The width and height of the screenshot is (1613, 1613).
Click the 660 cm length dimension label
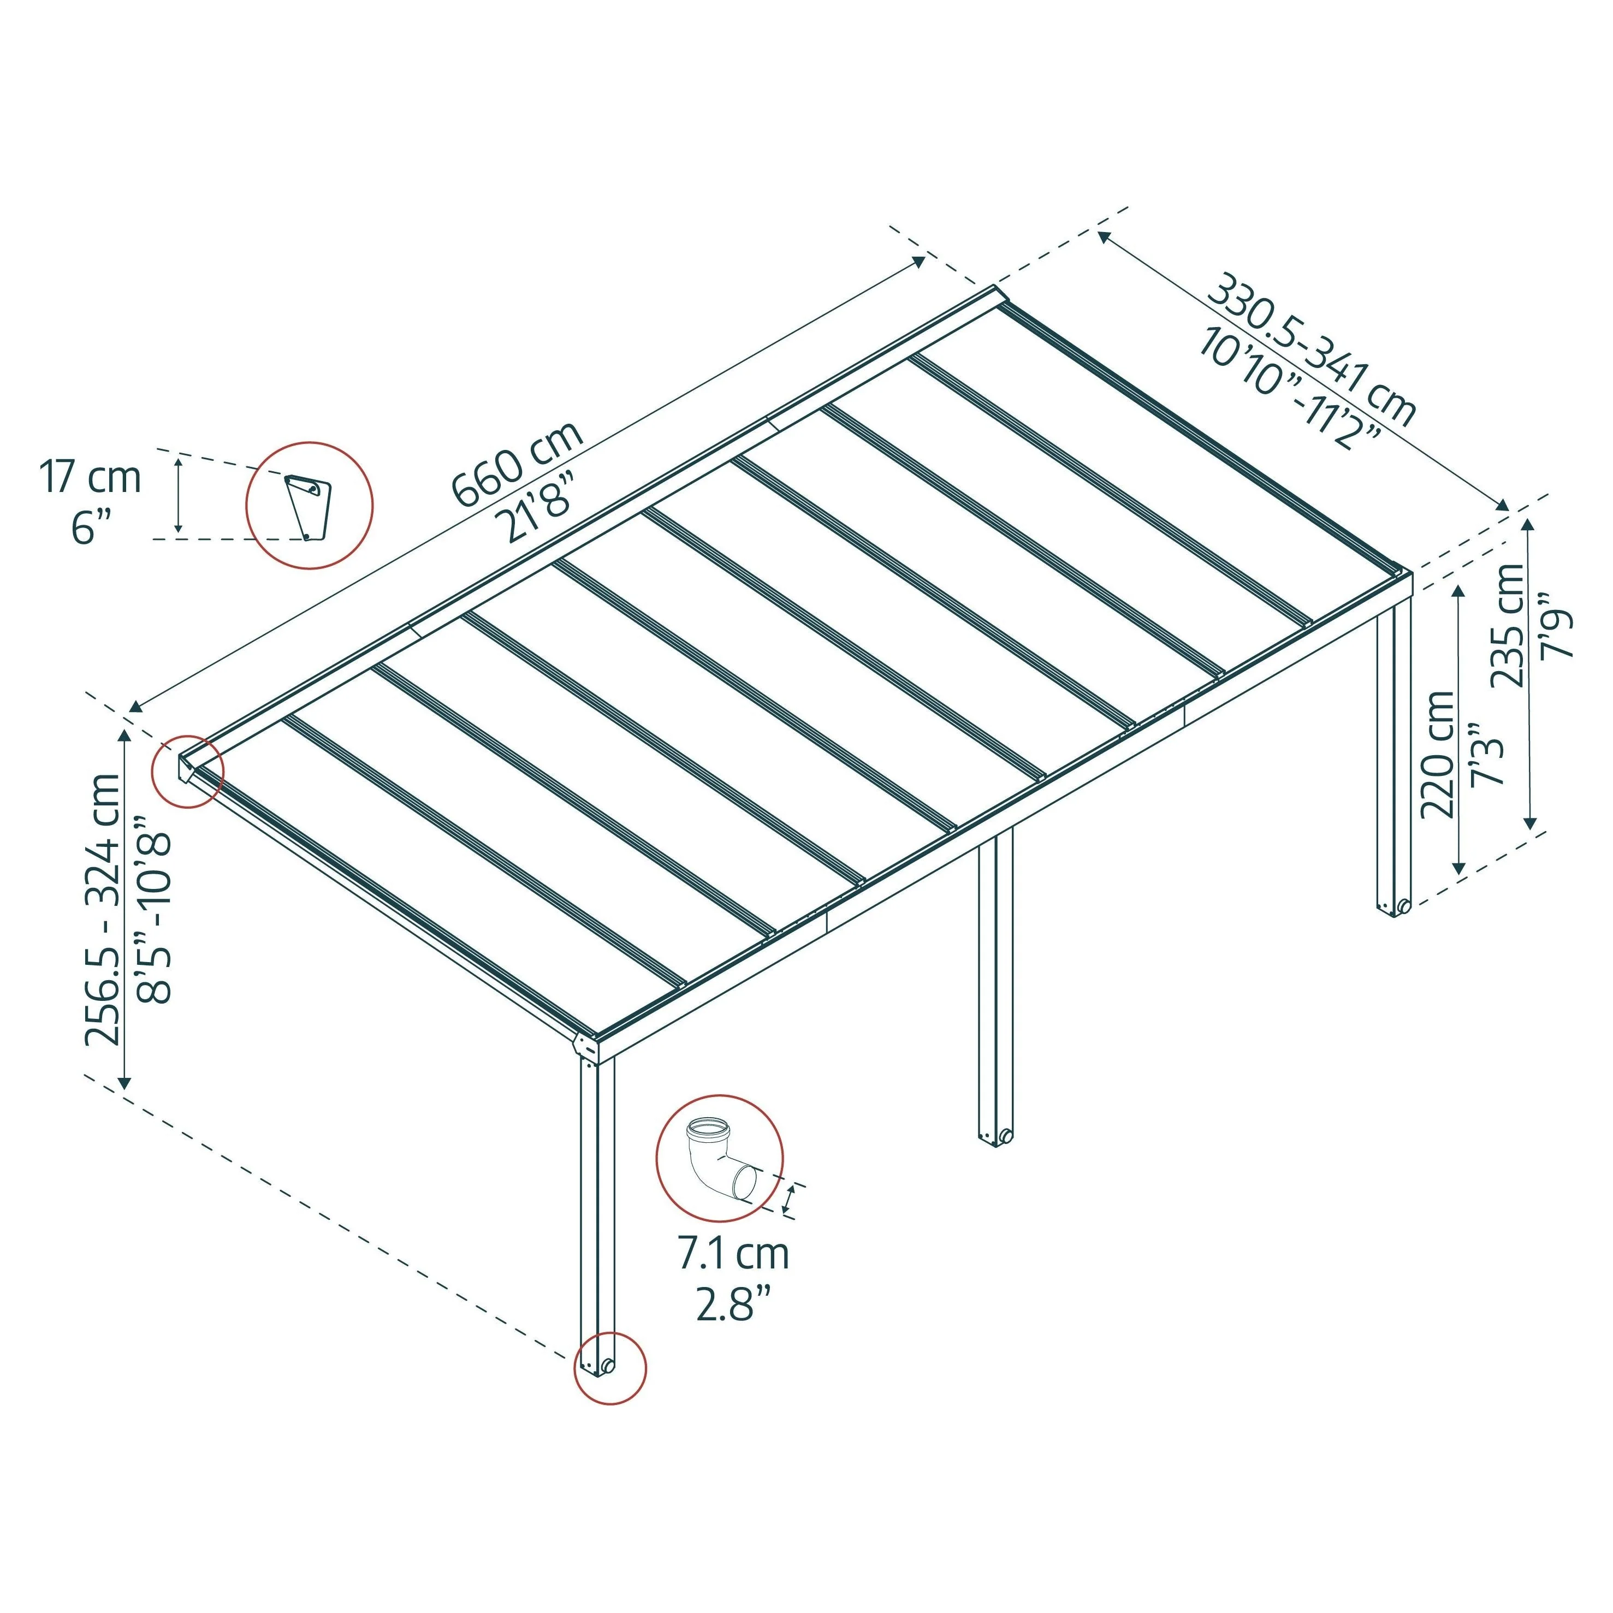(x=516, y=464)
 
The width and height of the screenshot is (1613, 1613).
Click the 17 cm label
(x=90, y=478)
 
